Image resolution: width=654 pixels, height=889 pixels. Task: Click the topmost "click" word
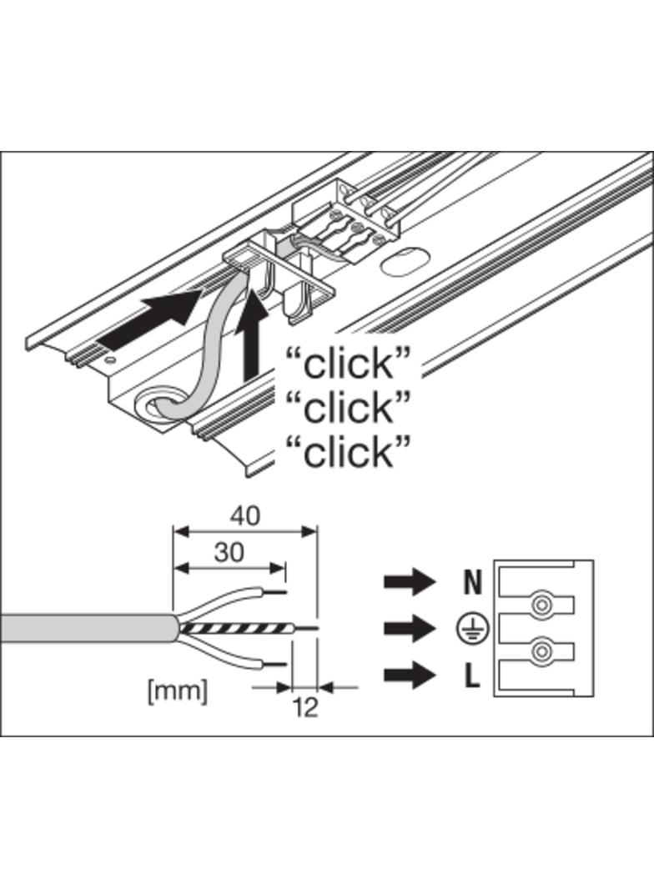point(349,364)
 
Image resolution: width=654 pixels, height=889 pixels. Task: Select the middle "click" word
point(349,408)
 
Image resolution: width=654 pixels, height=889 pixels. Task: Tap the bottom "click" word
point(349,452)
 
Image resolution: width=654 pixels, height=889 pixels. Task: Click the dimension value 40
point(244,516)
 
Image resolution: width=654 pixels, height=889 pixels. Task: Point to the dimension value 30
point(229,553)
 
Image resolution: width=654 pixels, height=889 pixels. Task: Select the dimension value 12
point(305,708)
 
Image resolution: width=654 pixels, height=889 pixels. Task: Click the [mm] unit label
point(177,691)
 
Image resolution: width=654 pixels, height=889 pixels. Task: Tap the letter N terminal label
point(472,582)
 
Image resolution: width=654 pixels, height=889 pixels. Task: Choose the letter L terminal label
point(472,676)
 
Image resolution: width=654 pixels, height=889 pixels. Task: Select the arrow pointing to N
point(410,581)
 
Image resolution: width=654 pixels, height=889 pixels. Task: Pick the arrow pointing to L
point(410,676)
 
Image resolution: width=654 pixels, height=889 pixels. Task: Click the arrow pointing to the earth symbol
point(410,628)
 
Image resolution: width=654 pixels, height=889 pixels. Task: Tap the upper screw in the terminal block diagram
point(542,603)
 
